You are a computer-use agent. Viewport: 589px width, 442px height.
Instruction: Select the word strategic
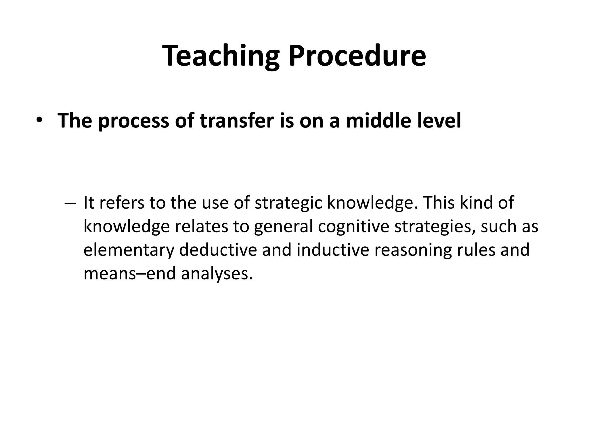pos(288,203)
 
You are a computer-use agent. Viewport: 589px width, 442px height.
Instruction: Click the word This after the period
pos(439,203)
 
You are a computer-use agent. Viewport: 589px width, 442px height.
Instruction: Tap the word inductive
pos(333,249)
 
